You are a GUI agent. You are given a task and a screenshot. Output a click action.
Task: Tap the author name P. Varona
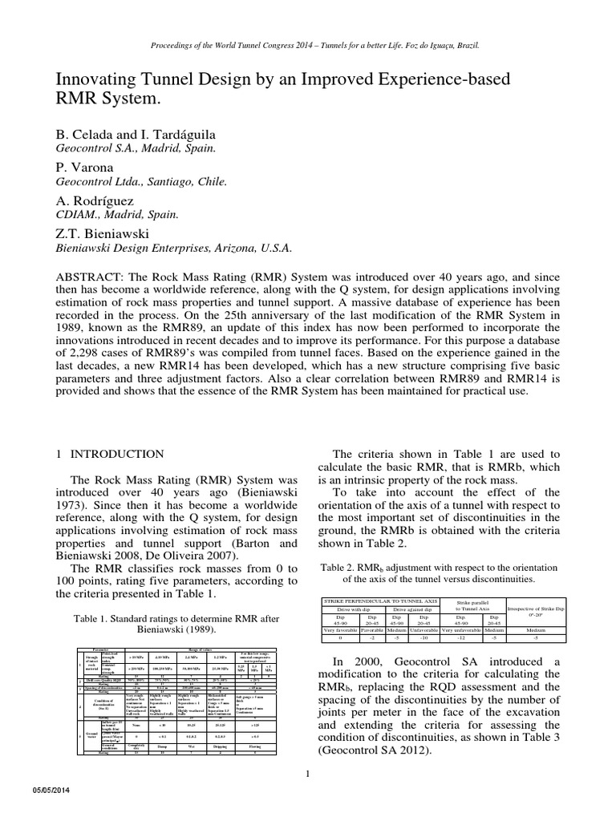tap(80, 168)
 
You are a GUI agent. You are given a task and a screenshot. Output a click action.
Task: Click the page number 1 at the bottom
tap(308, 751)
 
